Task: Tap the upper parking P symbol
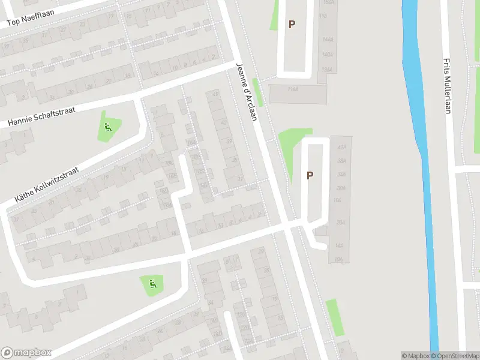click(292, 25)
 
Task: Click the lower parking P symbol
click(310, 176)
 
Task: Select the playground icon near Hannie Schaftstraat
click(108, 127)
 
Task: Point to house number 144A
click(327, 40)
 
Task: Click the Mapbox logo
click(26, 353)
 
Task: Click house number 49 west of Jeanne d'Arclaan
click(215, 94)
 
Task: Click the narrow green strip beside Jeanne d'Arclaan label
click(258, 94)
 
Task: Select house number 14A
click(339, 246)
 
